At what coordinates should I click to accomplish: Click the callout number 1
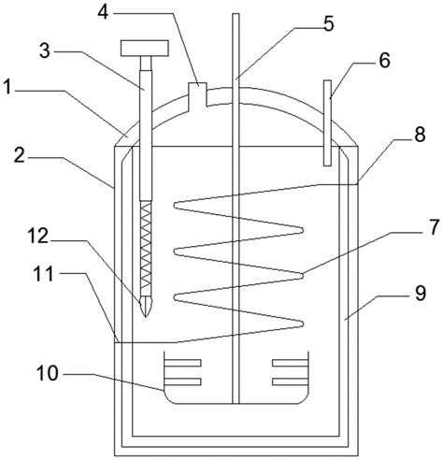click(x=7, y=87)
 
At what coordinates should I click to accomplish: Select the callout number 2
click(x=19, y=155)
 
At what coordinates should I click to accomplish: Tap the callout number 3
click(x=45, y=50)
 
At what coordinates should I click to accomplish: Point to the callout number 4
click(x=103, y=12)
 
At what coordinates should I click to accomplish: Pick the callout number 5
click(x=328, y=23)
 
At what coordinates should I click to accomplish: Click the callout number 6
click(x=384, y=60)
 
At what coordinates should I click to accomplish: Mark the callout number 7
click(x=434, y=226)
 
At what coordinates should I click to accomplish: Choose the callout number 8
click(x=420, y=135)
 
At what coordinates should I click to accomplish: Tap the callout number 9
click(x=421, y=293)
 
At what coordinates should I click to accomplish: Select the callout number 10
click(x=48, y=373)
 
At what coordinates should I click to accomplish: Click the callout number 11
click(x=44, y=274)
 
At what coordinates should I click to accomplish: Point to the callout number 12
click(x=38, y=236)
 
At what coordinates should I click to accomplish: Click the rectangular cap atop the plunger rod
click(x=145, y=49)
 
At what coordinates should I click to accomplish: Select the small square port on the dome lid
click(x=198, y=93)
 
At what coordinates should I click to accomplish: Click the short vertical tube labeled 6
click(x=327, y=122)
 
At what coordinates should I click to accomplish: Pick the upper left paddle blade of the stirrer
click(x=182, y=363)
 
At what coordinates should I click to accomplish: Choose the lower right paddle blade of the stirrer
click(x=291, y=381)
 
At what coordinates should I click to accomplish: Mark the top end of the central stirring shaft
click(x=236, y=14)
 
